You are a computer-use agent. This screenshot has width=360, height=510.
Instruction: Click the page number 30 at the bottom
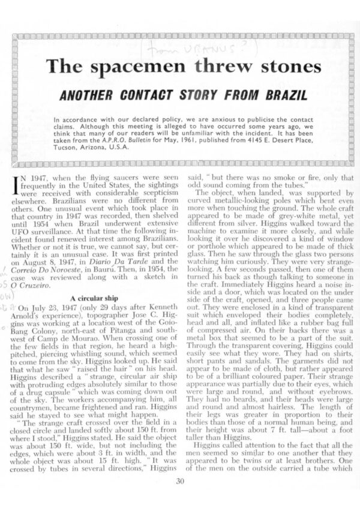point(180,480)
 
